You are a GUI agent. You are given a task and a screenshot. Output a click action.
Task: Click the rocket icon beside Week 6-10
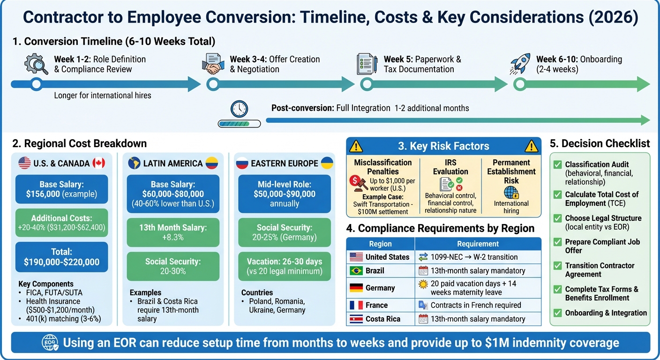(x=521, y=64)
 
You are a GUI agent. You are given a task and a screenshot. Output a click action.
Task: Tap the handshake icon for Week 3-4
(x=213, y=64)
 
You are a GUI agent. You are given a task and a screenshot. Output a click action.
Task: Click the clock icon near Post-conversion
(x=239, y=109)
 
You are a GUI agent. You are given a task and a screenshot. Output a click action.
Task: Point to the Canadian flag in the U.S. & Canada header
(x=99, y=163)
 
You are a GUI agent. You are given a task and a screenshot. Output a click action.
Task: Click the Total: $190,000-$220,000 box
(x=61, y=257)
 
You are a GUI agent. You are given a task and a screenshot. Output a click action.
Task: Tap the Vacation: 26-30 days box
(x=285, y=266)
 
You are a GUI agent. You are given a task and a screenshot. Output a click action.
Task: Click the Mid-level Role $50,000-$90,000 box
(x=285, y=194)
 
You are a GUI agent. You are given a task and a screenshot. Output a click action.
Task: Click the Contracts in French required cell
(x=475, y=305)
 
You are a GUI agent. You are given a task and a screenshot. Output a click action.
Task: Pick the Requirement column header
(x=478, y=244)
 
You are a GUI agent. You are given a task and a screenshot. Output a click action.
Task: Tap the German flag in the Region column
(x=356, y=288)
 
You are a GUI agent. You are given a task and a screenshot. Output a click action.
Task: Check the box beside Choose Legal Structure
(x=558, y=218)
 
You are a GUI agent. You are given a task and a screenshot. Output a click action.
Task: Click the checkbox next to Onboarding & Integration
(x=558, y=313)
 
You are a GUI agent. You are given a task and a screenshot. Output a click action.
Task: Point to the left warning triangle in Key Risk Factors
(x=356, y=146)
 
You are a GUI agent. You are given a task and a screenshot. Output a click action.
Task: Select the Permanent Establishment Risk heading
(x=511, y=171)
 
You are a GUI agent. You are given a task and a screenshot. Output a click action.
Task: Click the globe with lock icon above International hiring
(x=511, y=193)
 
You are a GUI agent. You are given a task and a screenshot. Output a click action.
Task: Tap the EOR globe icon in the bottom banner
(x=50, y=342)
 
